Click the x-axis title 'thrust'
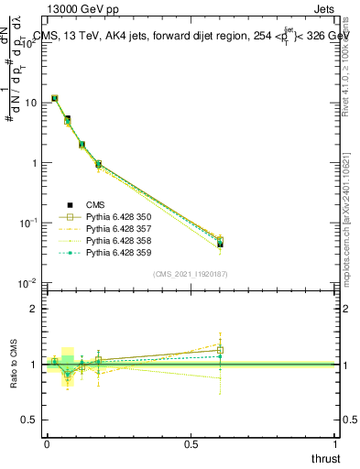coord(325,457)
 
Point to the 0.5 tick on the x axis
coord(191,444)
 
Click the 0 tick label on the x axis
coord(47,444)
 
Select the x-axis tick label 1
coord(336,444)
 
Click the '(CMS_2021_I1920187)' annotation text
coord(191,273)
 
